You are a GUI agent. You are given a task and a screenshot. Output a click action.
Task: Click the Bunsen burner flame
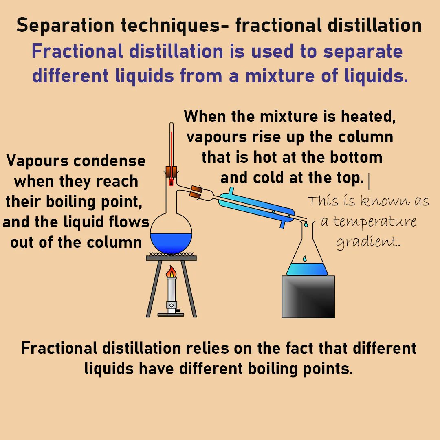[x=172, y=272]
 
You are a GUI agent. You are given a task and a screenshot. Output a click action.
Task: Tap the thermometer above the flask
[x=172, y=147]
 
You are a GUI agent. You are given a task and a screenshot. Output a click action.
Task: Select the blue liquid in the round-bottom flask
[x=171, y=243]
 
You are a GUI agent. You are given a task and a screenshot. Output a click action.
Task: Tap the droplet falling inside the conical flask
[x=304, y=259]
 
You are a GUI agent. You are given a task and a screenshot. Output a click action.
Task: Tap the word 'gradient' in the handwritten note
[x=366, y=242]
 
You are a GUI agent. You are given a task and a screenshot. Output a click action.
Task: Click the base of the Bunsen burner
[x=172, y=313]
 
